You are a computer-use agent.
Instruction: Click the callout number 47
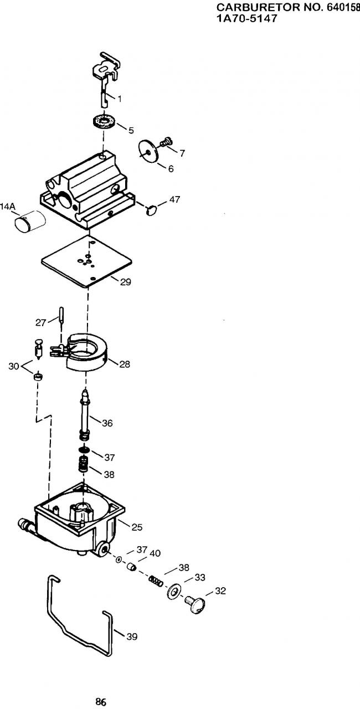pos(174,199)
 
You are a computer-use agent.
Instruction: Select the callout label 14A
pos(8,207)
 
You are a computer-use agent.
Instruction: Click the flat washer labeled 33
pos(173,591)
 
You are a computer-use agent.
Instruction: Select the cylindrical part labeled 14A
pos(30,221)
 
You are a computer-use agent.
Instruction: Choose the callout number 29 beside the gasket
pos(126,282)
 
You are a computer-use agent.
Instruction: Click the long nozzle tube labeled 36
pos(85,415)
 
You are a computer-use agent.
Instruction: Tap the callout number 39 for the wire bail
pos(132,636)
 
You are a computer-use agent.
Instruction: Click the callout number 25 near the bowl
pos(137,527)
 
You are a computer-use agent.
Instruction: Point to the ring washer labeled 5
pos(104,121)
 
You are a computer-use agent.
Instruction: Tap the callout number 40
pos(155,553)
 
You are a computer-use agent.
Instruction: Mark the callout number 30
pos(14,366)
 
